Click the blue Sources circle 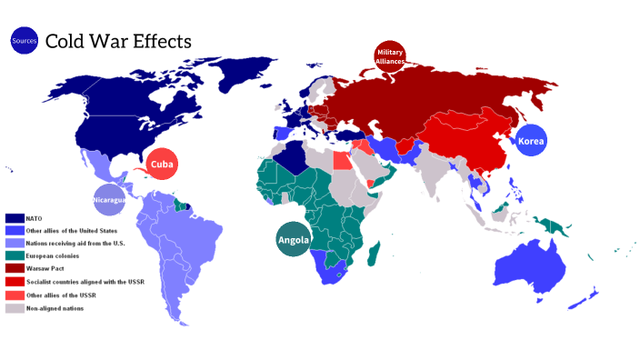23,40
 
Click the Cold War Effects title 118,41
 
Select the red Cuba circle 163,164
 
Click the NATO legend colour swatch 15,218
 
